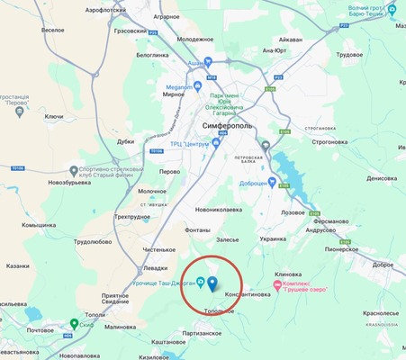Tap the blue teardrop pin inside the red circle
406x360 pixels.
coord(212,284)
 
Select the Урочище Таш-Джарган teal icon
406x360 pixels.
coord(201,267)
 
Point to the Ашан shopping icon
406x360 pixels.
coord(207,63)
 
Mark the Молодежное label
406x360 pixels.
coord(196,40)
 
